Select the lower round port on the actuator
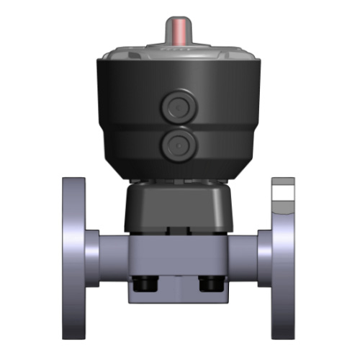(178, 145)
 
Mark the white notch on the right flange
(283, 193)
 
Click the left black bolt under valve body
(143, 285)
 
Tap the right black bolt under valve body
(210, 285)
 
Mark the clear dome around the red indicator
(178, 44)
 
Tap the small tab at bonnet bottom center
(177, 232)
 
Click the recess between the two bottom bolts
(177, 288)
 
